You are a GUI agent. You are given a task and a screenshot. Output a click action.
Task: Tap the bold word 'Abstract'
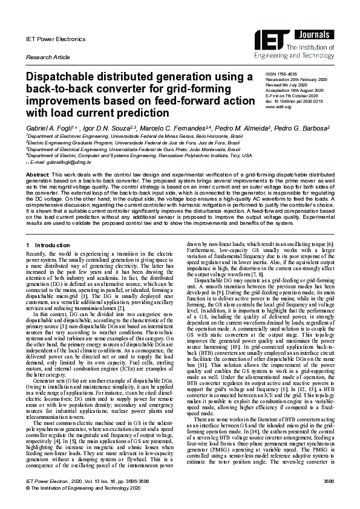pyautogui.click(x=37, y=174)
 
